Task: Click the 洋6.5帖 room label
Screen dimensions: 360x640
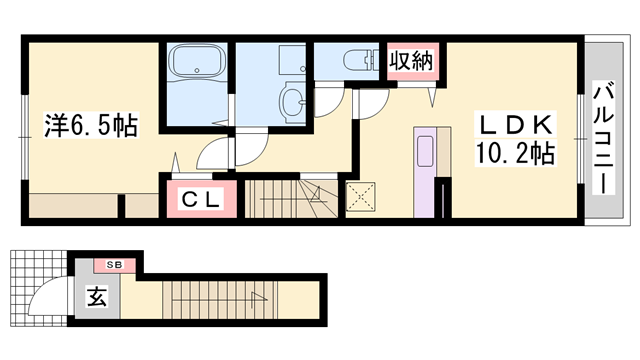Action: (x=90, y=127)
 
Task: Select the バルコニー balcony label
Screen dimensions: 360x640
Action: (x=603, y=139)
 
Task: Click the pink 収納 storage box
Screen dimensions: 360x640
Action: (x=410, y=61)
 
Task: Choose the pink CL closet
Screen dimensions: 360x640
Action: (x=200, y=198)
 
